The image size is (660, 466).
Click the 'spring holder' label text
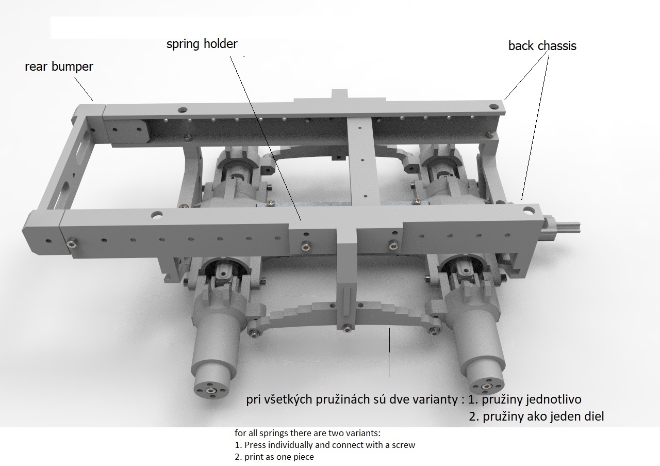pyautogui.click(x=202, y=44)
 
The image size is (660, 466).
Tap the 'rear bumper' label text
pyautogui.click(x=59, y=67)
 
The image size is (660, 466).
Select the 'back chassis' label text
pyautogui.click(x=542, y=46)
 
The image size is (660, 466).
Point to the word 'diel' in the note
pyautogui.click(x=593, y=416)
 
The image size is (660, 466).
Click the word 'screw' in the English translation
pyautogui.click(x=403, y=445)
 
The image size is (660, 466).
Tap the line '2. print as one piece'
pyautogui.click(x=274, y=457)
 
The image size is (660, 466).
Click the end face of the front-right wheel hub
pyautogui.click(x=486, y=387)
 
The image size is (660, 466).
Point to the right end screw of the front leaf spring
pyautogui.click(x=434, y=332)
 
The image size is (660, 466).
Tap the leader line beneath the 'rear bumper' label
pyautogui.click(x=83, y=88)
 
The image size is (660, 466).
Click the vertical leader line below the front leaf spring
pyautogui.click(x=389, y=352)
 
